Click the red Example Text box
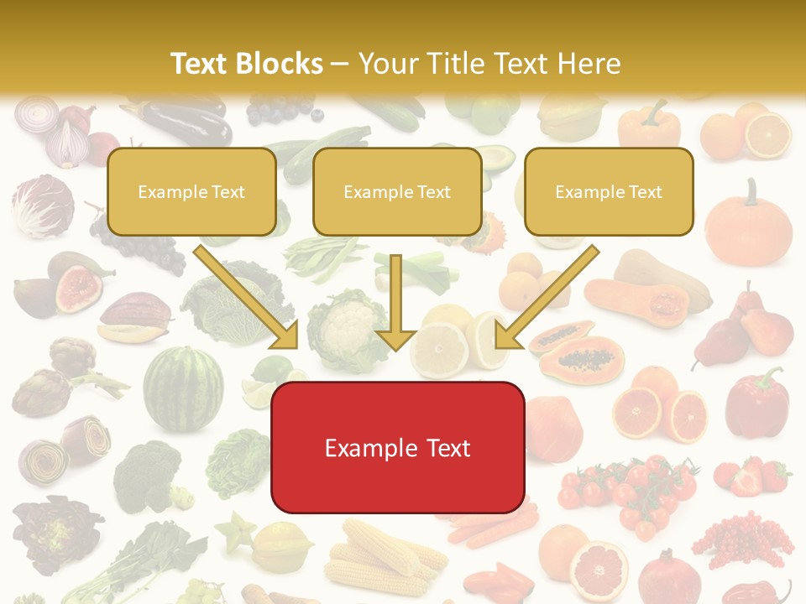click(x=397, y=447)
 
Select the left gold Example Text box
click(x=191, y=191)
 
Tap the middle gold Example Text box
click(x=397, y=191)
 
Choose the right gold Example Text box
click(x=609, y=191)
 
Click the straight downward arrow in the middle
click(x=395, y=302)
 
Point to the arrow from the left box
click(x=248, y=298)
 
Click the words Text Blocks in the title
click(x=246, y=64)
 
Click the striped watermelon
click(x=183, y=388)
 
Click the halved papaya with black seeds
click(x=579, y=357)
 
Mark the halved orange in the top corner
click(x=767, y=134)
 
